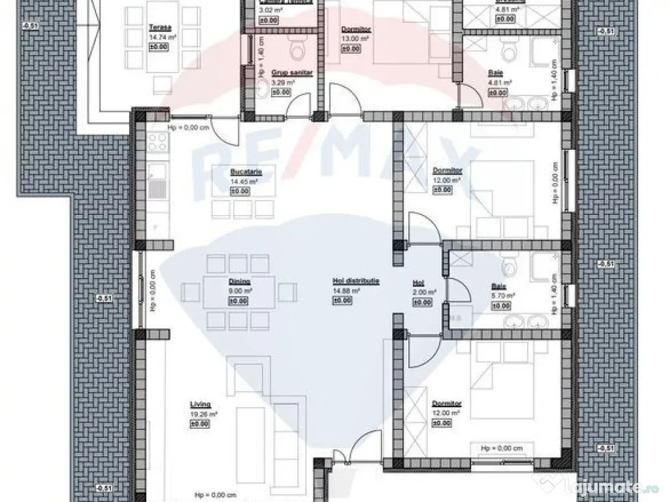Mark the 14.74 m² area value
tap(159, 38)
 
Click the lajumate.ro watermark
tap(627, 486)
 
